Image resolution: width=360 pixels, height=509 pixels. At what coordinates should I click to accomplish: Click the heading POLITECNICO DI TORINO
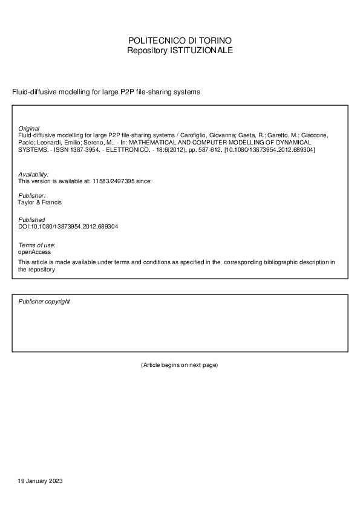pyautogui.click(x=180, y=41)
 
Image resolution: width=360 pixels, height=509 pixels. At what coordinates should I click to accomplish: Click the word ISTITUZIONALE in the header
pyautogui.click(x=205, y=51)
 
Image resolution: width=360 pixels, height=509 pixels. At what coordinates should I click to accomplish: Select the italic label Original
pyautogui.click(x=29, y=129)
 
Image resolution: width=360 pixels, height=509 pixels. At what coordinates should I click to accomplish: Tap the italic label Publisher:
pyautogui.click(x=32, y=196)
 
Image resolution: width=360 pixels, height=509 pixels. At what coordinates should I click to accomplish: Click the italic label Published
pyautogui.click(x=31, y=219)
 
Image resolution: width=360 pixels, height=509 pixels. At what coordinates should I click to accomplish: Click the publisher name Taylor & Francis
pyautogui.click(x=40, y=203)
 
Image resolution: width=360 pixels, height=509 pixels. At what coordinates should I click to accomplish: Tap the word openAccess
pyautogui.click(x=34, y=251)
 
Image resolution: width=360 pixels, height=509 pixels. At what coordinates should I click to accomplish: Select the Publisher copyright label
pyautogui.click(x=44, y=301)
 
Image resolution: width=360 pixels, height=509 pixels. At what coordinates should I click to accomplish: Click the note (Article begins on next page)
pyautogui.click(x=179, y=365)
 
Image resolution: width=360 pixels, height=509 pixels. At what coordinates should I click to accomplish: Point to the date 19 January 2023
pyautogui.click(x=41, y=481)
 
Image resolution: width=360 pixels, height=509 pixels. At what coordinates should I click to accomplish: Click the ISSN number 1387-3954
pyautogui.click(x=78, y=149)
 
